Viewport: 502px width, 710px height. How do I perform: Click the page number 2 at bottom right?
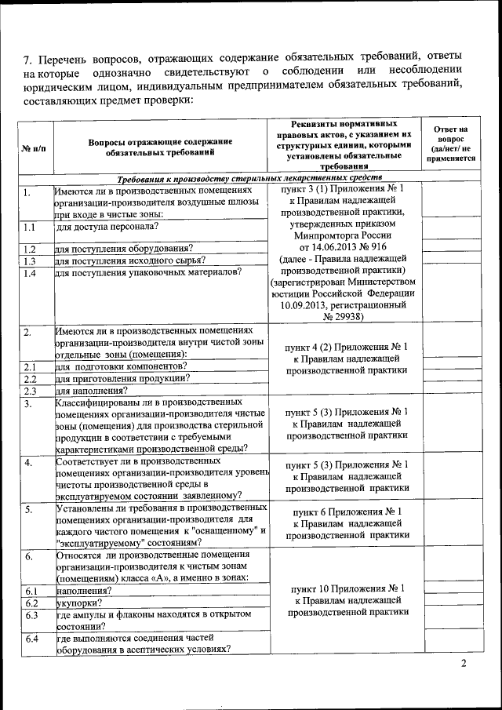pyautogui.click(x=464, y=665)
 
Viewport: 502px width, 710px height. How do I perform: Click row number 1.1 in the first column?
pyautogui.click(x=30, y=228)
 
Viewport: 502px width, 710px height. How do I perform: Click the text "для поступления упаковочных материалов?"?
pyautogui.click(x=148, y=272)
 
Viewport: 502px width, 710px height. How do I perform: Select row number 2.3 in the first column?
pyautogui.click(x=31, y=390)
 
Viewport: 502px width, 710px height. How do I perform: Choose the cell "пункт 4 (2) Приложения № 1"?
pyautogui.click(x=346, y=346)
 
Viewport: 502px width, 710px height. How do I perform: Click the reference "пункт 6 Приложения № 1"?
pyautogui.click(x=346, y=512)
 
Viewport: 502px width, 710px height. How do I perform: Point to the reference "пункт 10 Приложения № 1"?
pyautogui.click(x=346, y=588)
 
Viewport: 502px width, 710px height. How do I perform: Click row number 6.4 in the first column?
pyautogui.click(x=31, y=639)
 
